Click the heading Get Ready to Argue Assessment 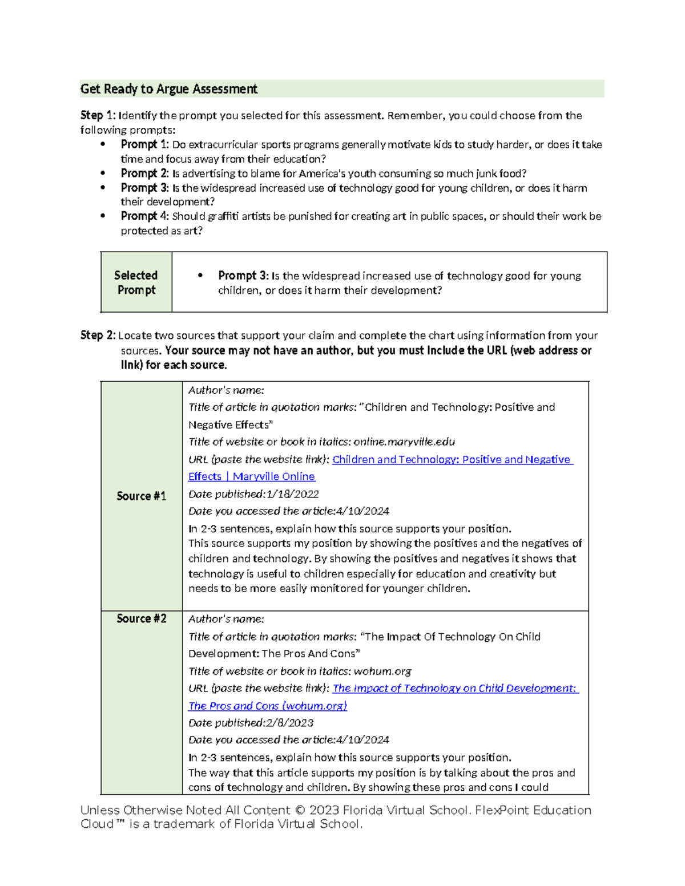coord(169,89)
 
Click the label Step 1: coord(99,116)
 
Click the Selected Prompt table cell coord(136,282)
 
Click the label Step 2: coord(98,335)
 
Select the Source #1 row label coord(141,496)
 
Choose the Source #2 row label coord(141,619)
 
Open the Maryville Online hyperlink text coord(273,476)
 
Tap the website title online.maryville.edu coord(404,442)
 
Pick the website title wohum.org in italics coord(382,671)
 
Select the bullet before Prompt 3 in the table coord(200,276)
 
